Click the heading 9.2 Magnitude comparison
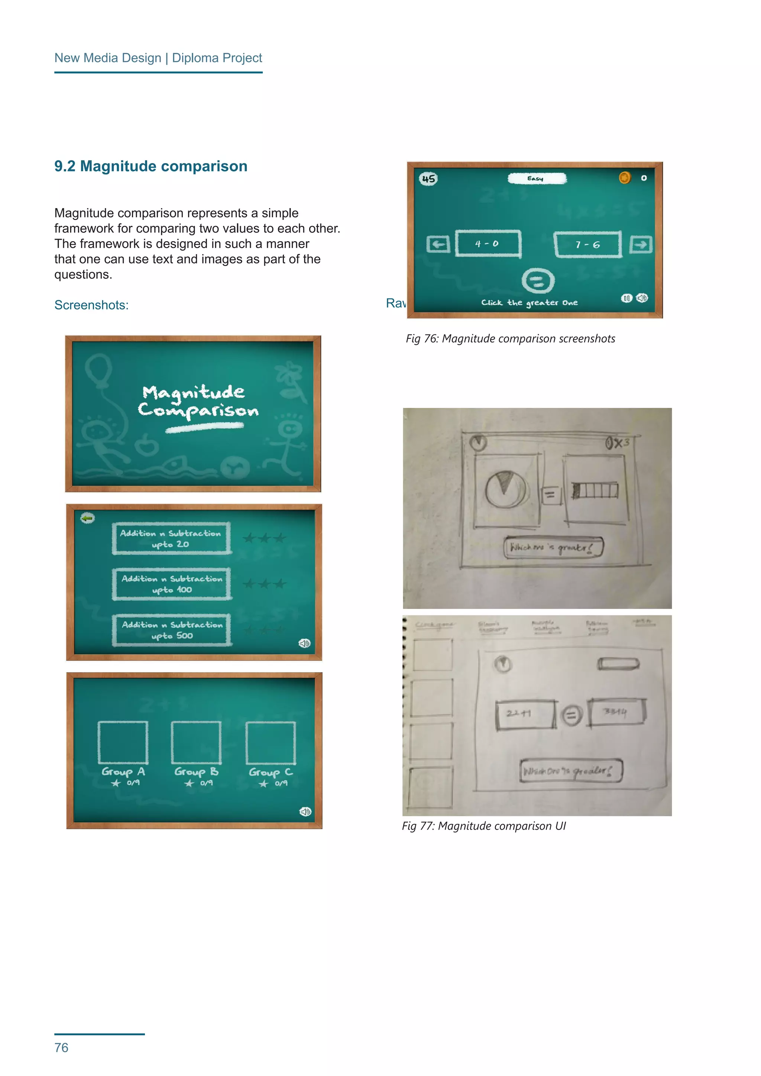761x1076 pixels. click(150, 166)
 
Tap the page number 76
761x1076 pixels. click(61, 1047)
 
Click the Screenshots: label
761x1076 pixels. click(91, 305)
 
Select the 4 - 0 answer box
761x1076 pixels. click(488, 244)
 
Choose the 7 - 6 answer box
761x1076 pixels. click(587, 244)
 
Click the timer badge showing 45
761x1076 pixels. click(428, 179)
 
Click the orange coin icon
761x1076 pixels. click(625, 178)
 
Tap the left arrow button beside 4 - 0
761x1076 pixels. click(438, 244)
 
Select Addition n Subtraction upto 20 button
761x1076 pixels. click(171, 538)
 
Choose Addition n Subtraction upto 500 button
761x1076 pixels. click(172, 630)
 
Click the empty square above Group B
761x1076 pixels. click(196, 742)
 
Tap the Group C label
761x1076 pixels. click(271, 771)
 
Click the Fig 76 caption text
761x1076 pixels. click(510, 338)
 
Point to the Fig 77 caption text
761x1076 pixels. click(483, 826)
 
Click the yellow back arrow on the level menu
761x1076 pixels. click(88, 518)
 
